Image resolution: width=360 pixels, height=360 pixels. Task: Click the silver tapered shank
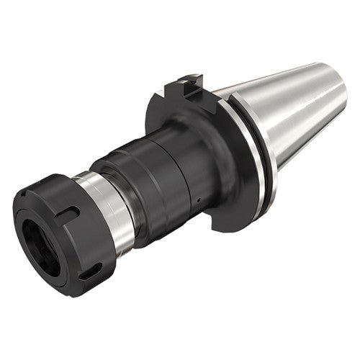click(288, 115)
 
